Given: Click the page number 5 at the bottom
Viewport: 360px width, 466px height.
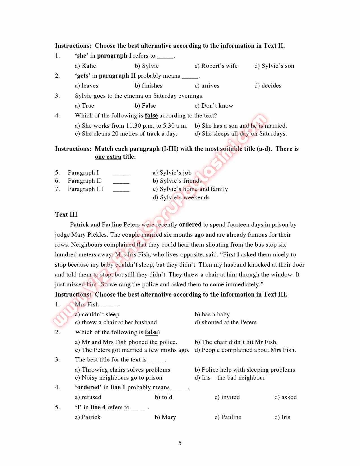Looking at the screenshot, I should (x=180, y=443).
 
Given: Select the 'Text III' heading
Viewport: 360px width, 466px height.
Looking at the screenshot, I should (x=66, y=215).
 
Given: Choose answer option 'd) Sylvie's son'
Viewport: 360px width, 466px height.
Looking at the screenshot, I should (x=274, y=66).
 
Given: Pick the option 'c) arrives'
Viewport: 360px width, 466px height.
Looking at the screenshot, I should (x=207, y=86).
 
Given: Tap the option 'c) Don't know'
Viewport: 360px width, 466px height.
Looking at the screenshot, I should (x=214, y=106).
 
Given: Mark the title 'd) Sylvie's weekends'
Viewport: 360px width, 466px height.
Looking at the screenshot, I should (x=181, y=198).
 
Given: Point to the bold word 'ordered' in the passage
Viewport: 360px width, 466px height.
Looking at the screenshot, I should (x=190, y=225).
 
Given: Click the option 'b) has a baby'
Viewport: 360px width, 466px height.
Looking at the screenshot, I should (x=212, y=315).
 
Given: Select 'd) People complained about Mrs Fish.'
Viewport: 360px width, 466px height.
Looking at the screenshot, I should (x=245, y=350).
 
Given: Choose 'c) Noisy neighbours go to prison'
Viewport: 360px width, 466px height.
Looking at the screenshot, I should (x=119, y=378).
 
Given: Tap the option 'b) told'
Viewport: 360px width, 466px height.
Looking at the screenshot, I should (x=163, y=397).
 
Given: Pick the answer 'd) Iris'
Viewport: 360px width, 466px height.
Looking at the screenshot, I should (x=282, y=417).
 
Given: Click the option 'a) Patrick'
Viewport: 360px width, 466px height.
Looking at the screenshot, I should (x=88, y=417).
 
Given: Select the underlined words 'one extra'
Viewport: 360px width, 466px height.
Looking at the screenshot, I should (x=108, y=157).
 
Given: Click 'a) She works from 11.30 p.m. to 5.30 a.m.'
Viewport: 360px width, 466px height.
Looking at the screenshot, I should (x=131, y=126).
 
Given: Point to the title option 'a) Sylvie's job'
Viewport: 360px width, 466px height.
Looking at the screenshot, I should (x=172, y=173).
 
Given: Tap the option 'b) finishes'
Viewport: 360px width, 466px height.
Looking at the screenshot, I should (x=149, y=86).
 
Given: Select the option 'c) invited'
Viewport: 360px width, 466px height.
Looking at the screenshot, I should (x=227, y=397).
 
